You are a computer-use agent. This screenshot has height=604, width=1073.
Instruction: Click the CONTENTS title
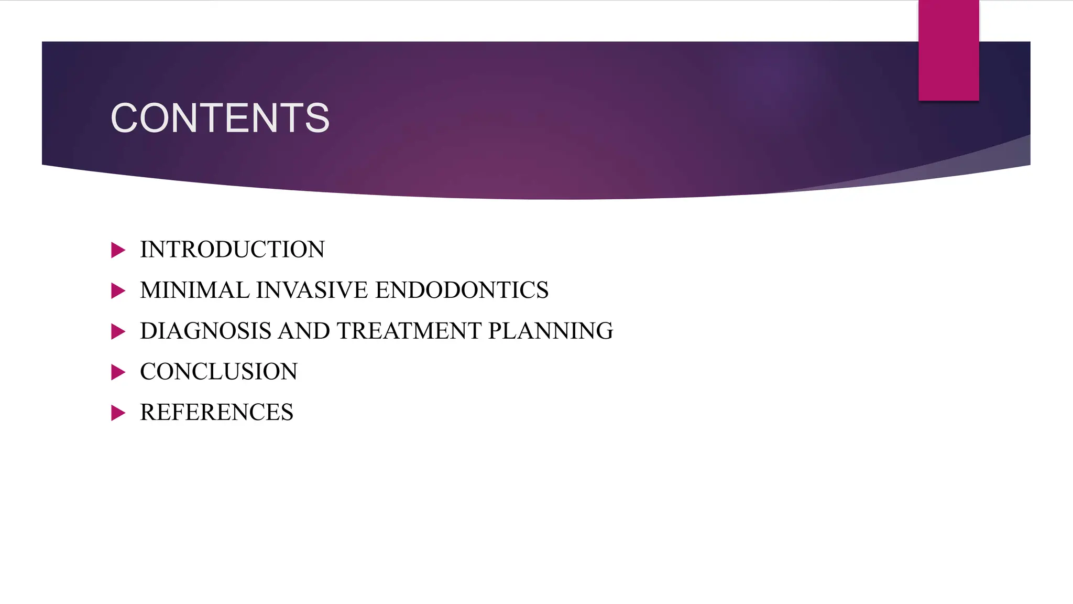tap(220, 118)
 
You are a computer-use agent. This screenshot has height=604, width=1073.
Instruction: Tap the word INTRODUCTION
tap(232, 250)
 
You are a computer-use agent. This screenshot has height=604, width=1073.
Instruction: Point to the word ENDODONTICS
tap(462, 290)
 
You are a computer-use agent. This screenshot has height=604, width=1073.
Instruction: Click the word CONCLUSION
tap(218, 372)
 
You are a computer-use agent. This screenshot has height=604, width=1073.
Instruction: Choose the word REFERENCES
tap(216, 413)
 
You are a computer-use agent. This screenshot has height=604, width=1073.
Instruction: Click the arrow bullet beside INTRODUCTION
tap(118, 250)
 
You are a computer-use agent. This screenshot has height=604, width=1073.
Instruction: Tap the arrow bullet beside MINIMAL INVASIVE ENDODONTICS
tap(118, 291)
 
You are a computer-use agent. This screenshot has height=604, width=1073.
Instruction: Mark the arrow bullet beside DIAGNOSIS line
tap(118, 331)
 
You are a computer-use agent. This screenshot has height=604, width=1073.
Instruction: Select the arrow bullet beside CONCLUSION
tap(118, 372)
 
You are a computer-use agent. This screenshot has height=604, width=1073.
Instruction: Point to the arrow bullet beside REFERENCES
tap(118, 413)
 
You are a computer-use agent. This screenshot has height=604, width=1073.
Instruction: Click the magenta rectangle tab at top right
tap(948, 50)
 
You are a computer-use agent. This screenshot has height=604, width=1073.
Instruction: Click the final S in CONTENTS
tap(317, 118)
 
